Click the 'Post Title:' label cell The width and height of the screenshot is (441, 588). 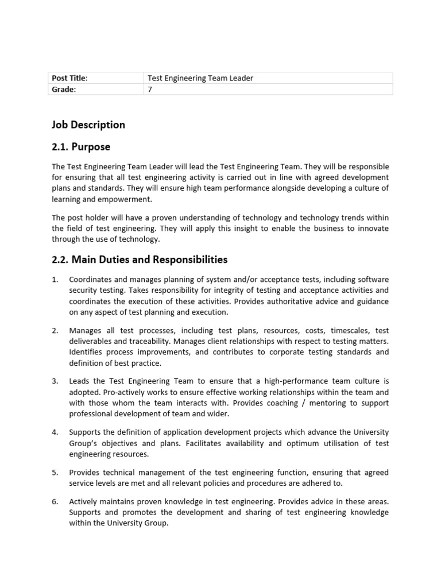click(x=69, y=78)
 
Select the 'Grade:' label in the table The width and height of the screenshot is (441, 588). click(x=64, y=89)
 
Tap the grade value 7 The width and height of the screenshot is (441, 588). click(x=150, y=89)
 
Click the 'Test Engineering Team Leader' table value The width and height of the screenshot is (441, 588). click(x=200, y=78)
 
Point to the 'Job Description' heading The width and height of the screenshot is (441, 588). click(x=88, y=125)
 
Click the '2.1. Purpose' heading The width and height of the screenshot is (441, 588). click(x=81, y=147)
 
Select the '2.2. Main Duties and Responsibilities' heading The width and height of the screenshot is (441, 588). click(x=140, y=260)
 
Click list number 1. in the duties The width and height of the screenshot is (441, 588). click(x=55, y=280)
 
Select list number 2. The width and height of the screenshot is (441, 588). click(x=55, y=331)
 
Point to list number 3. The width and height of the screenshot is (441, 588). click(x=55, y=381)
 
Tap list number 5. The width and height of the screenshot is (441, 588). click(x=55, y=473)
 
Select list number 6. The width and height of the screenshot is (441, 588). click(x=55, y=502)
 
